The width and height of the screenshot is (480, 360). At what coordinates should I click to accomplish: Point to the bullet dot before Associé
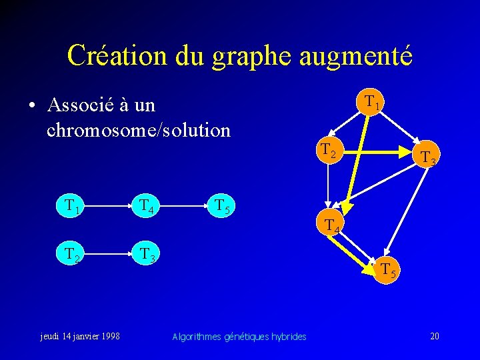tap(32, 107)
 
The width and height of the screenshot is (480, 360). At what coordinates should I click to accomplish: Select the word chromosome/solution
tap(139, 129)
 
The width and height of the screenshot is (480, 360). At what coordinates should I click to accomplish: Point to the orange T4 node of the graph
tap(331, 225)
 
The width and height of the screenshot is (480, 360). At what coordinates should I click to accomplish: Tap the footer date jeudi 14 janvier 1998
tap(78, 336)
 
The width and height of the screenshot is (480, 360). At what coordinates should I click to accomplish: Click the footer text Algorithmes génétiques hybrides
tap(239, 337)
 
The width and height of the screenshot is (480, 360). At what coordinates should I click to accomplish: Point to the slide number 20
tap(434, 336)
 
